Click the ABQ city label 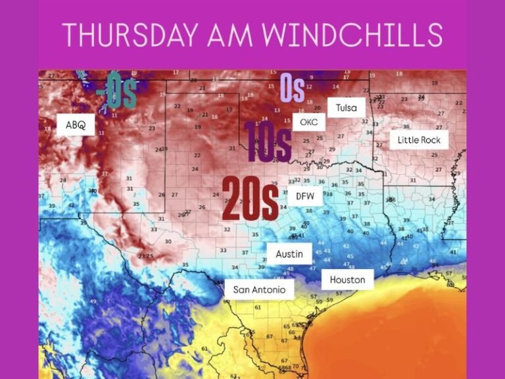coord(76,124)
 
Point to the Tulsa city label coord(346,107)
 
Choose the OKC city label coord(308,122)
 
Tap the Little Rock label coord(419,140)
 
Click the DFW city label coord(305,195)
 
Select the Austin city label coord(289,253)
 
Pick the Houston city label coord(347,280)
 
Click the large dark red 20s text coord(249,199)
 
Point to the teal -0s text coord(116,92)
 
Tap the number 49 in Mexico coord(93,301)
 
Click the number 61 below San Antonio coord(258,307)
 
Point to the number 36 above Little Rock coord(406,127)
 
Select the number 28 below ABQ coord(63,180)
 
